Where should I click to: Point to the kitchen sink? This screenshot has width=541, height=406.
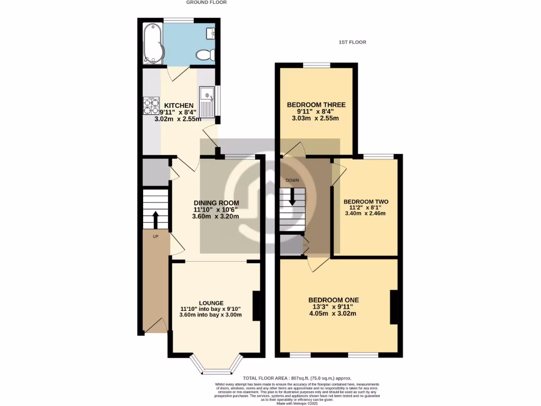(208, 101)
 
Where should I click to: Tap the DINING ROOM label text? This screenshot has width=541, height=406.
(216, 202)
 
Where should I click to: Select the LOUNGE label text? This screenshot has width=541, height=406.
(211, 303)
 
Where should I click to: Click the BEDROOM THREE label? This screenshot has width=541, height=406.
(316, 105)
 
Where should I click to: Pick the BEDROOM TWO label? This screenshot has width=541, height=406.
(366, 201)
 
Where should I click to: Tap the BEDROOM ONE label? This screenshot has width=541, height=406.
(332, 300)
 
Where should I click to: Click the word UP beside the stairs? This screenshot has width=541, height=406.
(155, 236)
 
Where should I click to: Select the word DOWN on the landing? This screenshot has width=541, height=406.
(292, 180)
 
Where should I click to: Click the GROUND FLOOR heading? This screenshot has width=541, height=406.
(207, 3)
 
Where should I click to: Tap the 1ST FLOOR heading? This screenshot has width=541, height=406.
(352, 42)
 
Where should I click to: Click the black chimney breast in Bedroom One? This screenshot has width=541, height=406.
(394, 307)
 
